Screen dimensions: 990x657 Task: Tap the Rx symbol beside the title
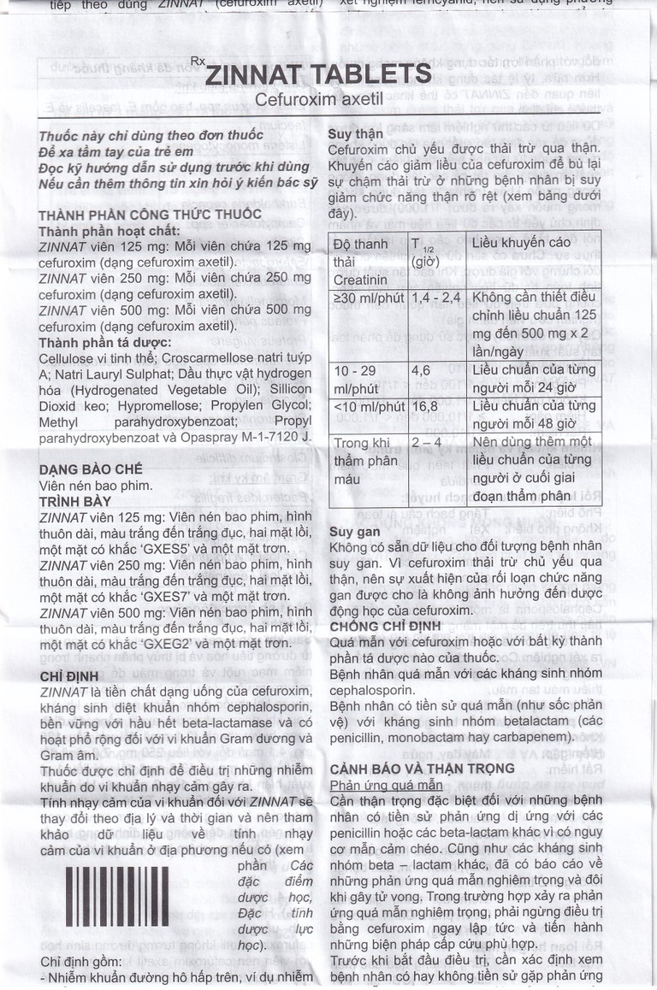(198, 61)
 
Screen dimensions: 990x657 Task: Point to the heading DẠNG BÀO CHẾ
(92, 469)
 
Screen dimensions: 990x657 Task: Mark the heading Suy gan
(352, 531)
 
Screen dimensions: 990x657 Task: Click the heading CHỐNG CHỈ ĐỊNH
(384, 626)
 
